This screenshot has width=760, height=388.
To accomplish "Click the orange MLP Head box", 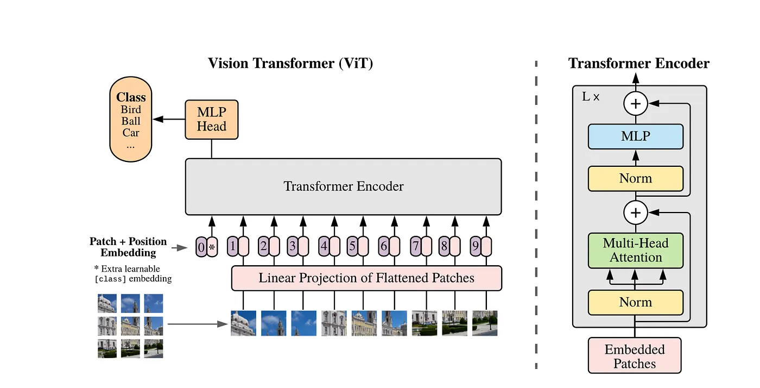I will [x=212, y=120].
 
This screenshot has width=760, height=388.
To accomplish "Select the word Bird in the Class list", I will [x=131, y=110].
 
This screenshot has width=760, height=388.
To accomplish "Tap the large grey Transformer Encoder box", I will [x=343, y=187].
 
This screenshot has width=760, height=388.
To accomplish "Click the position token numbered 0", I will [x=201, y=247].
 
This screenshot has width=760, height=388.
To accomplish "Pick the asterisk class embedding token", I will [x=212, y=247].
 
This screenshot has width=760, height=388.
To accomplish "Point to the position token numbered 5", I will [x=352, y=247].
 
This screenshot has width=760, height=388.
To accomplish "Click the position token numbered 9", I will [x=475, y=247].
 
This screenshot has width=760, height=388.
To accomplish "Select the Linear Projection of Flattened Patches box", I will [x=366, y=279].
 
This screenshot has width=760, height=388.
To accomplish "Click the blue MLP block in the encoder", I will [x=635, y=136].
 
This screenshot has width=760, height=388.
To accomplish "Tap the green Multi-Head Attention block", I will [x=635, y=251].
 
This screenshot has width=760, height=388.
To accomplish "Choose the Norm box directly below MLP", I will [x=635, y=178].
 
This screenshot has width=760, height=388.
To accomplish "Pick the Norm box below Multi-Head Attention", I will [x=635, y=302].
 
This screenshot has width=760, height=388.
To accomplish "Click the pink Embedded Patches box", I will [x=635, y=356].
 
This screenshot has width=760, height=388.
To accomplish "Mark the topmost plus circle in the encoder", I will [x=635, y=103].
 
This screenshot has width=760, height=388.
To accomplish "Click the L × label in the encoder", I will [x=591, y=97].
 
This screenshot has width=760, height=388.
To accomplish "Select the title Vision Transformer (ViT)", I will [x=290, y=64].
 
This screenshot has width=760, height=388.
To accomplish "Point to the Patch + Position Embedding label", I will [x=128, y=247].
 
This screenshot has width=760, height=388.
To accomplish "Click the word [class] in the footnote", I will [x=111, y=279].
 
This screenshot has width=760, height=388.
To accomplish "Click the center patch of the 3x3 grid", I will [x=130, y=326].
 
